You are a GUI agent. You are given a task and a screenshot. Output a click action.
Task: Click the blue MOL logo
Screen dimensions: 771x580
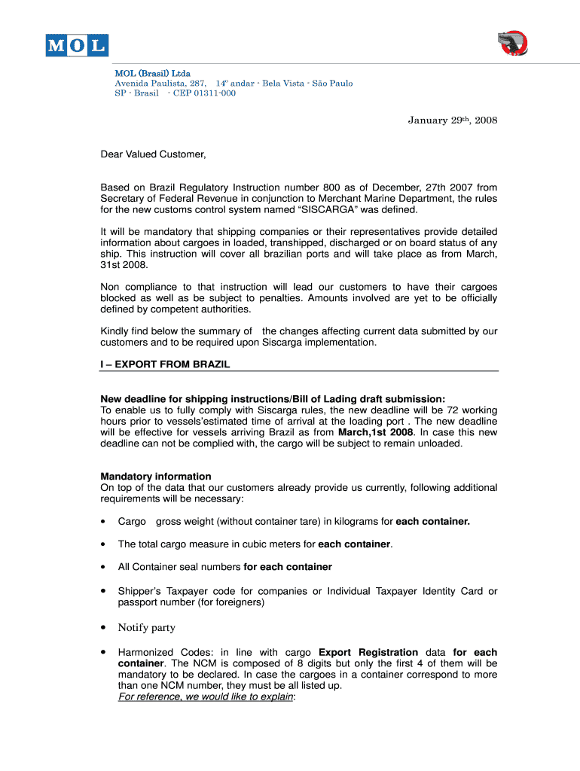pos(76,46)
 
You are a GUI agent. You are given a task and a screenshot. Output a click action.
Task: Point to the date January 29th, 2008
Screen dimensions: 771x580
pos(453,120)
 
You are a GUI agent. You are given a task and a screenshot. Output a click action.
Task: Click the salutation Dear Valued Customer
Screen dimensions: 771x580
pos(154,154)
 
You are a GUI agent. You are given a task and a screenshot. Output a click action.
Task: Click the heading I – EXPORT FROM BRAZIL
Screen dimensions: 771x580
pos(165,364)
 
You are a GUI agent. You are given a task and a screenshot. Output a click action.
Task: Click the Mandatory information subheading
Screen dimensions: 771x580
pos(156,477)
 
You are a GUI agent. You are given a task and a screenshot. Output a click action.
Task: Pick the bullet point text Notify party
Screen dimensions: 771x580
pos(147,627)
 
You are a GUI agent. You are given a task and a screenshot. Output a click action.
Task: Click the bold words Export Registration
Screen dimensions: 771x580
pos(368,652)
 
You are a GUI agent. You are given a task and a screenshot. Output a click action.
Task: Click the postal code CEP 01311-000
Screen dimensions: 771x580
pos(204,93)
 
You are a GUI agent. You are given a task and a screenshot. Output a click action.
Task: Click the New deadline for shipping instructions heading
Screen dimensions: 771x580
pos(273,399)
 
